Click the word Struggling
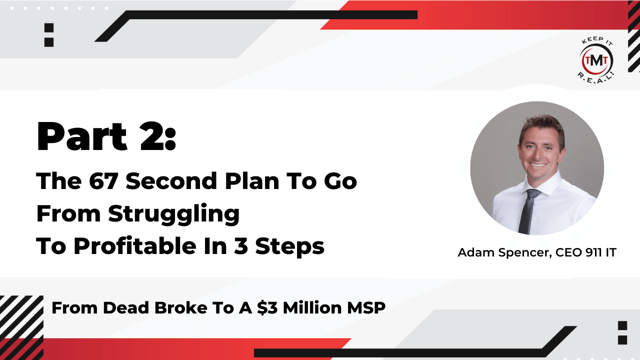click(x=174, y=214)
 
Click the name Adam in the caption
click(x=475, y=253)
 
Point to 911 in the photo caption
click(x=593, y=253)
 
